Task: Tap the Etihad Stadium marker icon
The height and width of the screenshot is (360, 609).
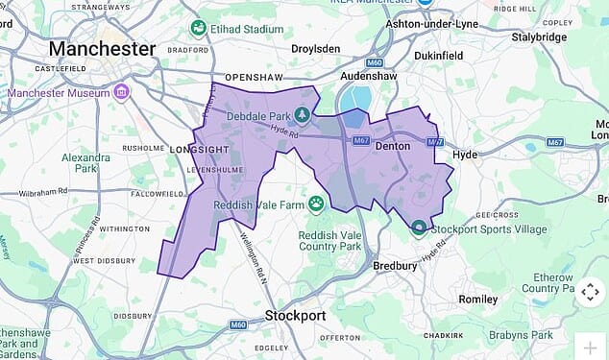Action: pos(198,28)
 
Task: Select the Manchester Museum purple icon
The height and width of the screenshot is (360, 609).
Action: pos(121,92)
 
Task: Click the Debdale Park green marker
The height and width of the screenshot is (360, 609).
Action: pos(303,115)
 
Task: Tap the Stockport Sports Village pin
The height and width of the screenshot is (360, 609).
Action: pos(418,228)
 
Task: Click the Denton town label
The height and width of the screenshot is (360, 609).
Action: pos(391,146)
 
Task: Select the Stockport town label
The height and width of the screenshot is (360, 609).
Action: pos(294,316)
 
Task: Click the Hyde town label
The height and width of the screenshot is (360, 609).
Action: pos(465,154)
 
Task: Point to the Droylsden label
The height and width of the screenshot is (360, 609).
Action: pos(321,46)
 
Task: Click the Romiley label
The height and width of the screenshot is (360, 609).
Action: pos(478,299)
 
